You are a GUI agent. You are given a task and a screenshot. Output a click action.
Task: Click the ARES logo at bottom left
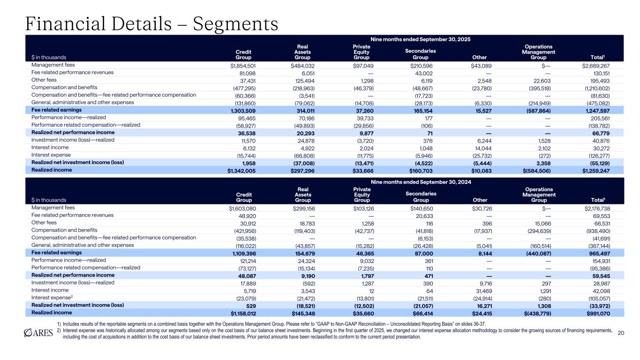click(x=41, y=332)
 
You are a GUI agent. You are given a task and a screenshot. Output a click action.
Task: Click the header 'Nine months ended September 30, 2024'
click(x=424, y=181)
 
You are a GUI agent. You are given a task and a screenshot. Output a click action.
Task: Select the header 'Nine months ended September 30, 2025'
click(x=424, y=38)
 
